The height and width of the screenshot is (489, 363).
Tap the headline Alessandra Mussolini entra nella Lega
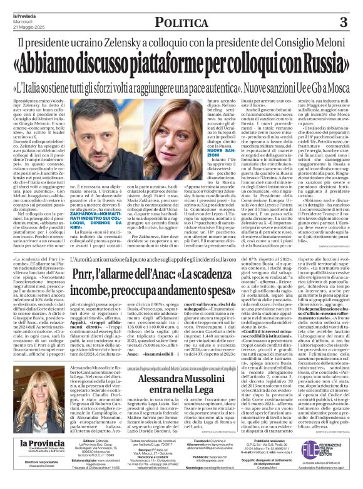pos(181,388)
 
